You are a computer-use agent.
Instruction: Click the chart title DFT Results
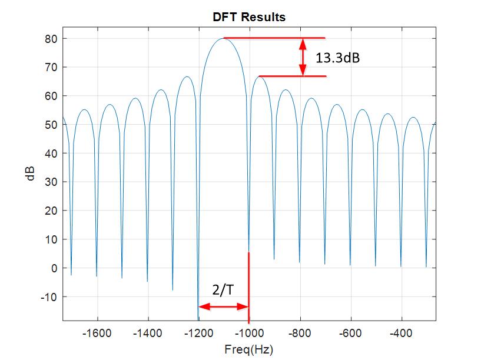pyautogui.click(x=249, y=17)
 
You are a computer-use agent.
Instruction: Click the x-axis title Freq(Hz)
pyautogui.click(x=249, y=349)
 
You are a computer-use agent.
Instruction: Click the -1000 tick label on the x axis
pyautogui.click(x=249, y=334)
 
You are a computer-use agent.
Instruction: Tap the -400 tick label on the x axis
pyautogui.click(x=402, y=334)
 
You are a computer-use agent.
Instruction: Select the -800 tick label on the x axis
pyautogui.click(x=300, y=334)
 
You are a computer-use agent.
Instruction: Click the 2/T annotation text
pyautogui.click(x=224, y=290)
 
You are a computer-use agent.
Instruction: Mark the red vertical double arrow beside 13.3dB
pyautogui.click(x=303, y=57)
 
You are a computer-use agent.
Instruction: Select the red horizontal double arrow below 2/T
pyautogui.click(x=223, y=306)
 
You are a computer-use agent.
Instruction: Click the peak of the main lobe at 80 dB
pyautogui.click(x=224, y=39)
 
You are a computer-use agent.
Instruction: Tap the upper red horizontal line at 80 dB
pyautogui.click(x=274, y=38)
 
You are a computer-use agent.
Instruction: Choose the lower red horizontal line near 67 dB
pyautogui.click(x=293, y=76)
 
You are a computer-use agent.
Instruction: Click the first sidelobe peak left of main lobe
pyautogui.click(x=186, y=76)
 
